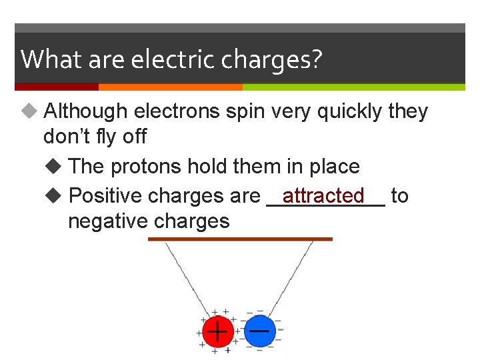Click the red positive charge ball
(216, 331)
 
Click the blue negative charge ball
(259, 331)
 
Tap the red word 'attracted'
(323, 195)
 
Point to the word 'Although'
(85, 111)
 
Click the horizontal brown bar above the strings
(239, 239)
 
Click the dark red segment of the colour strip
(57, 87)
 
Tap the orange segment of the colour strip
(170, 87)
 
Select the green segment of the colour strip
(353, 87)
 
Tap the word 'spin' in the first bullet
(245, 111)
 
